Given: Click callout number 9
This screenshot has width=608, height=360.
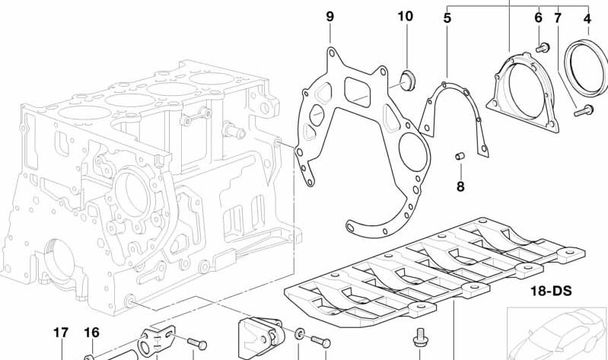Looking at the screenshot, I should pyautogui.click(x=329, y=16).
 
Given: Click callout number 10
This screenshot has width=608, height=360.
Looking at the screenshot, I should pyautogui.click(x=405, y=16).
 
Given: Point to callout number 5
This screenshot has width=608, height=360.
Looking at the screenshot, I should pyautogui.click(x=447, y=17).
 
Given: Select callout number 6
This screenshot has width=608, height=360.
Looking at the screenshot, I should pyautogui.click(x=538, y=17).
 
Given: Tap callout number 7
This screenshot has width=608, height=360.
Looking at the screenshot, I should pyautogui.click(x=558, y=17).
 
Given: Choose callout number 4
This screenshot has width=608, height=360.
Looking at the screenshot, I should pyautogui.click(x=587, y=17).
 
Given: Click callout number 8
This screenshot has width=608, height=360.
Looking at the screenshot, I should pyautogui.click(x=460, y=186).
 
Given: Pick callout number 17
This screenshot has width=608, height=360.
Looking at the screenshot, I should pyautogui.click(x=61, y=333).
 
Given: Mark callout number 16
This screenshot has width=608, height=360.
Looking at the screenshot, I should pyautogui.click(x=91, y=333).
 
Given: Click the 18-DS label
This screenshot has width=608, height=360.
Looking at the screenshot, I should pyautogui.click(x=550, y=291).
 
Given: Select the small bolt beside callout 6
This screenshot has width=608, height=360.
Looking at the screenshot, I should pyautogui.click(x=542, y=48).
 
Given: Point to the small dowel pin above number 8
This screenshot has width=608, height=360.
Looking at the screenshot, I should pyautogui.click(x=460, y=157).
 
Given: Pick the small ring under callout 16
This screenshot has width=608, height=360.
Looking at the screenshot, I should pyautogui.click(x=89, y=354).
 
